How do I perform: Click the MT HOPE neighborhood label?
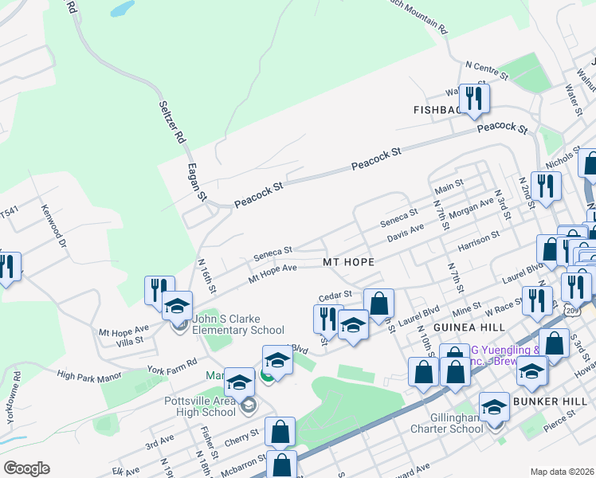coord(348,261)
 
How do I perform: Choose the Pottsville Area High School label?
coord(200,406)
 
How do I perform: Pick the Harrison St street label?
coord(478,241)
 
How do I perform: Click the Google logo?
coord(26,468)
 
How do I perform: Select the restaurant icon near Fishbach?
coord(474,99)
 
